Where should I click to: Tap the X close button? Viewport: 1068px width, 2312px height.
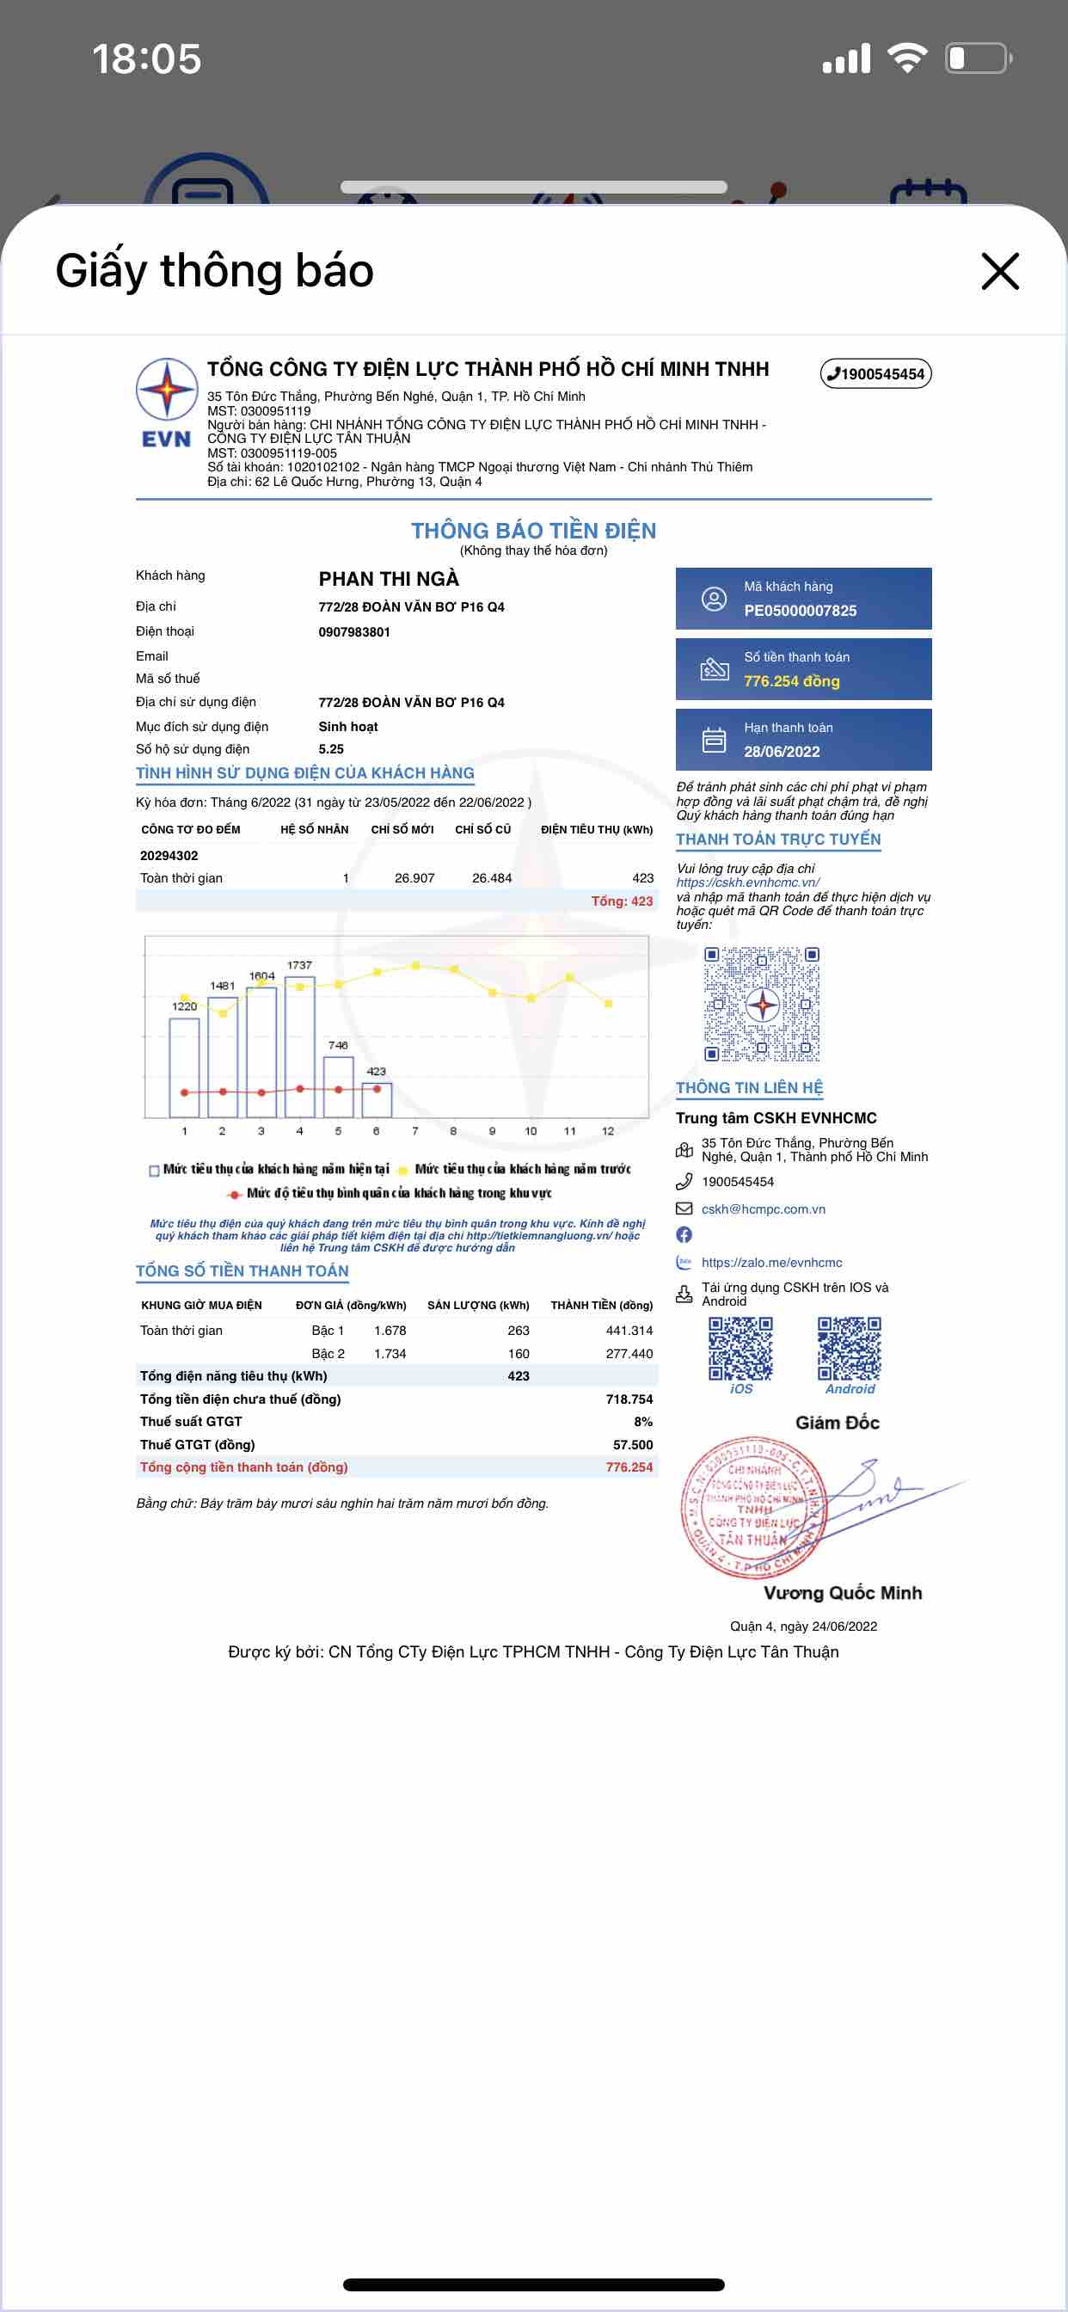point(1000,271)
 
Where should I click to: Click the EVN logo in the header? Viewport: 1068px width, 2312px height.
point(166,402)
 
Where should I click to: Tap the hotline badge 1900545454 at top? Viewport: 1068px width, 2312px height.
point(876,373)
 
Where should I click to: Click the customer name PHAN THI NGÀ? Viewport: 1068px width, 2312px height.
point(389,579)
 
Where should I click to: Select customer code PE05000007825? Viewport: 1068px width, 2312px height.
point(800,611)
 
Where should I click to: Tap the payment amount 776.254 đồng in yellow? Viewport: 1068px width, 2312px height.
point(792,681)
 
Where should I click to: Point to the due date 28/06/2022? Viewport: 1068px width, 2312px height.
point(782,751)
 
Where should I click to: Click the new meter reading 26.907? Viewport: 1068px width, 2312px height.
point(414,878)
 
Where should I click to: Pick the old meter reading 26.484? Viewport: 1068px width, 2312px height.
point(491,878)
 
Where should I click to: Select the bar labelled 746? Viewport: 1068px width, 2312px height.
point(338,1086)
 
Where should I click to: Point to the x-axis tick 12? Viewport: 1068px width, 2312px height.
point(608,1131)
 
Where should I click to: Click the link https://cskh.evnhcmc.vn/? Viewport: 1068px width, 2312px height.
point(747,882)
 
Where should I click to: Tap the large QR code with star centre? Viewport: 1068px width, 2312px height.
point(762,1005)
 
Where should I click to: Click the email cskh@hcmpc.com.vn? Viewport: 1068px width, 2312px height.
point(763,1209)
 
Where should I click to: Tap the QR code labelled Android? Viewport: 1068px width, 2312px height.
point(849,1348)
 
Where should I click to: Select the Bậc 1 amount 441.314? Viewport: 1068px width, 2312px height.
point(629,1330)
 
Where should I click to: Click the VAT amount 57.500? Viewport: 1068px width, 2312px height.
point(633,1444)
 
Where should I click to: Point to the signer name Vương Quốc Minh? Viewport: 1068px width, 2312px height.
point(842,1593)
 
